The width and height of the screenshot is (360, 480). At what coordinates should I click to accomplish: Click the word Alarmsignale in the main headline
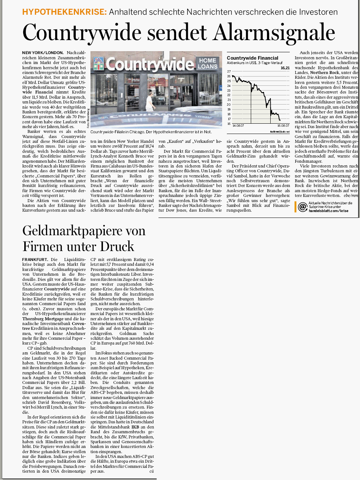[x=274, y=32]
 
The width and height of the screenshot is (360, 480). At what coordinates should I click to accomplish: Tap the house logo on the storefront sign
[x=99, y=64]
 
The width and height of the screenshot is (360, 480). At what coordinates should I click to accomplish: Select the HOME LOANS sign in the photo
[x=208, y=63]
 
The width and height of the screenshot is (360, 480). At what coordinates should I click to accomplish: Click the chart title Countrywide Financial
[x=253, y=58]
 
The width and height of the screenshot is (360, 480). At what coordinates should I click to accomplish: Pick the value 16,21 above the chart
[x=285, y=68]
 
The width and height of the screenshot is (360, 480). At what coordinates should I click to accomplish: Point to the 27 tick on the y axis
[x=229, y=71]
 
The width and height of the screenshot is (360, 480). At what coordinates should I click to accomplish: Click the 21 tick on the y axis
[x=229, y=100]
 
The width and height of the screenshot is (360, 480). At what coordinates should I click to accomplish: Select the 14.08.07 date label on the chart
[x=238, y=126]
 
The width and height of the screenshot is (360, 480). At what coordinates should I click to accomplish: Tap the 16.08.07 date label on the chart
[x=283, y=126]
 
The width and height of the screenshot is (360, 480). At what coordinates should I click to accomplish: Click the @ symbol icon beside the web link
[x=302, y=207]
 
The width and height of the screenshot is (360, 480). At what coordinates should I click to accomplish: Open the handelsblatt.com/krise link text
[x=328, y=211]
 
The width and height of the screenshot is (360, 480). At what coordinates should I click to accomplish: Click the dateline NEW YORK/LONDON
[x=43, y=53]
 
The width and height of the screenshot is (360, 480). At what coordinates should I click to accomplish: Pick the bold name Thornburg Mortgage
[x=43, y=319]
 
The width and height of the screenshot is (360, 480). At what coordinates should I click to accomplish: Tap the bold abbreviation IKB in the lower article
[x=135, y=427]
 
